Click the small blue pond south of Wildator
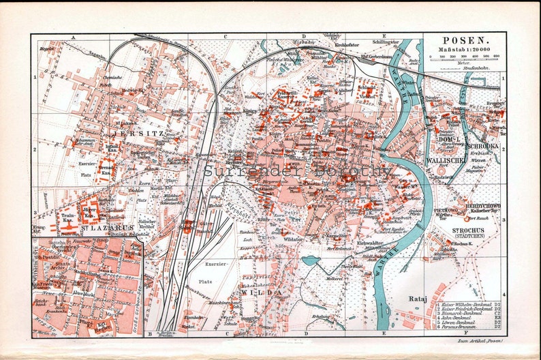pyautogui.click(x=310, y=260)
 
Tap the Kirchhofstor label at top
pyautogui.click(x=332, y=46)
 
